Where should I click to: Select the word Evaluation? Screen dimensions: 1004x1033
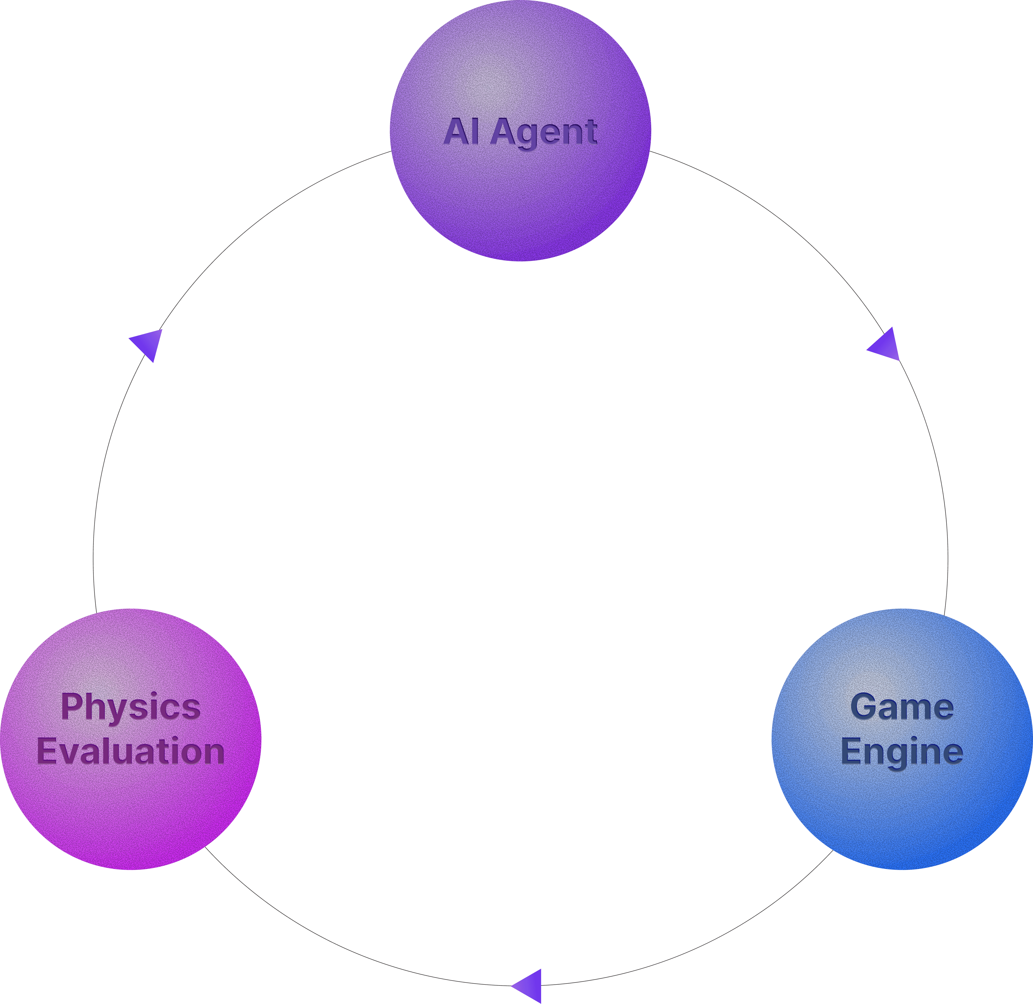[x=131, y=751]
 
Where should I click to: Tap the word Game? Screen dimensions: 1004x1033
[x=902, y=707]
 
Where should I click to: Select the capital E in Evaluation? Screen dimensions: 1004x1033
[x=46, y=751]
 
